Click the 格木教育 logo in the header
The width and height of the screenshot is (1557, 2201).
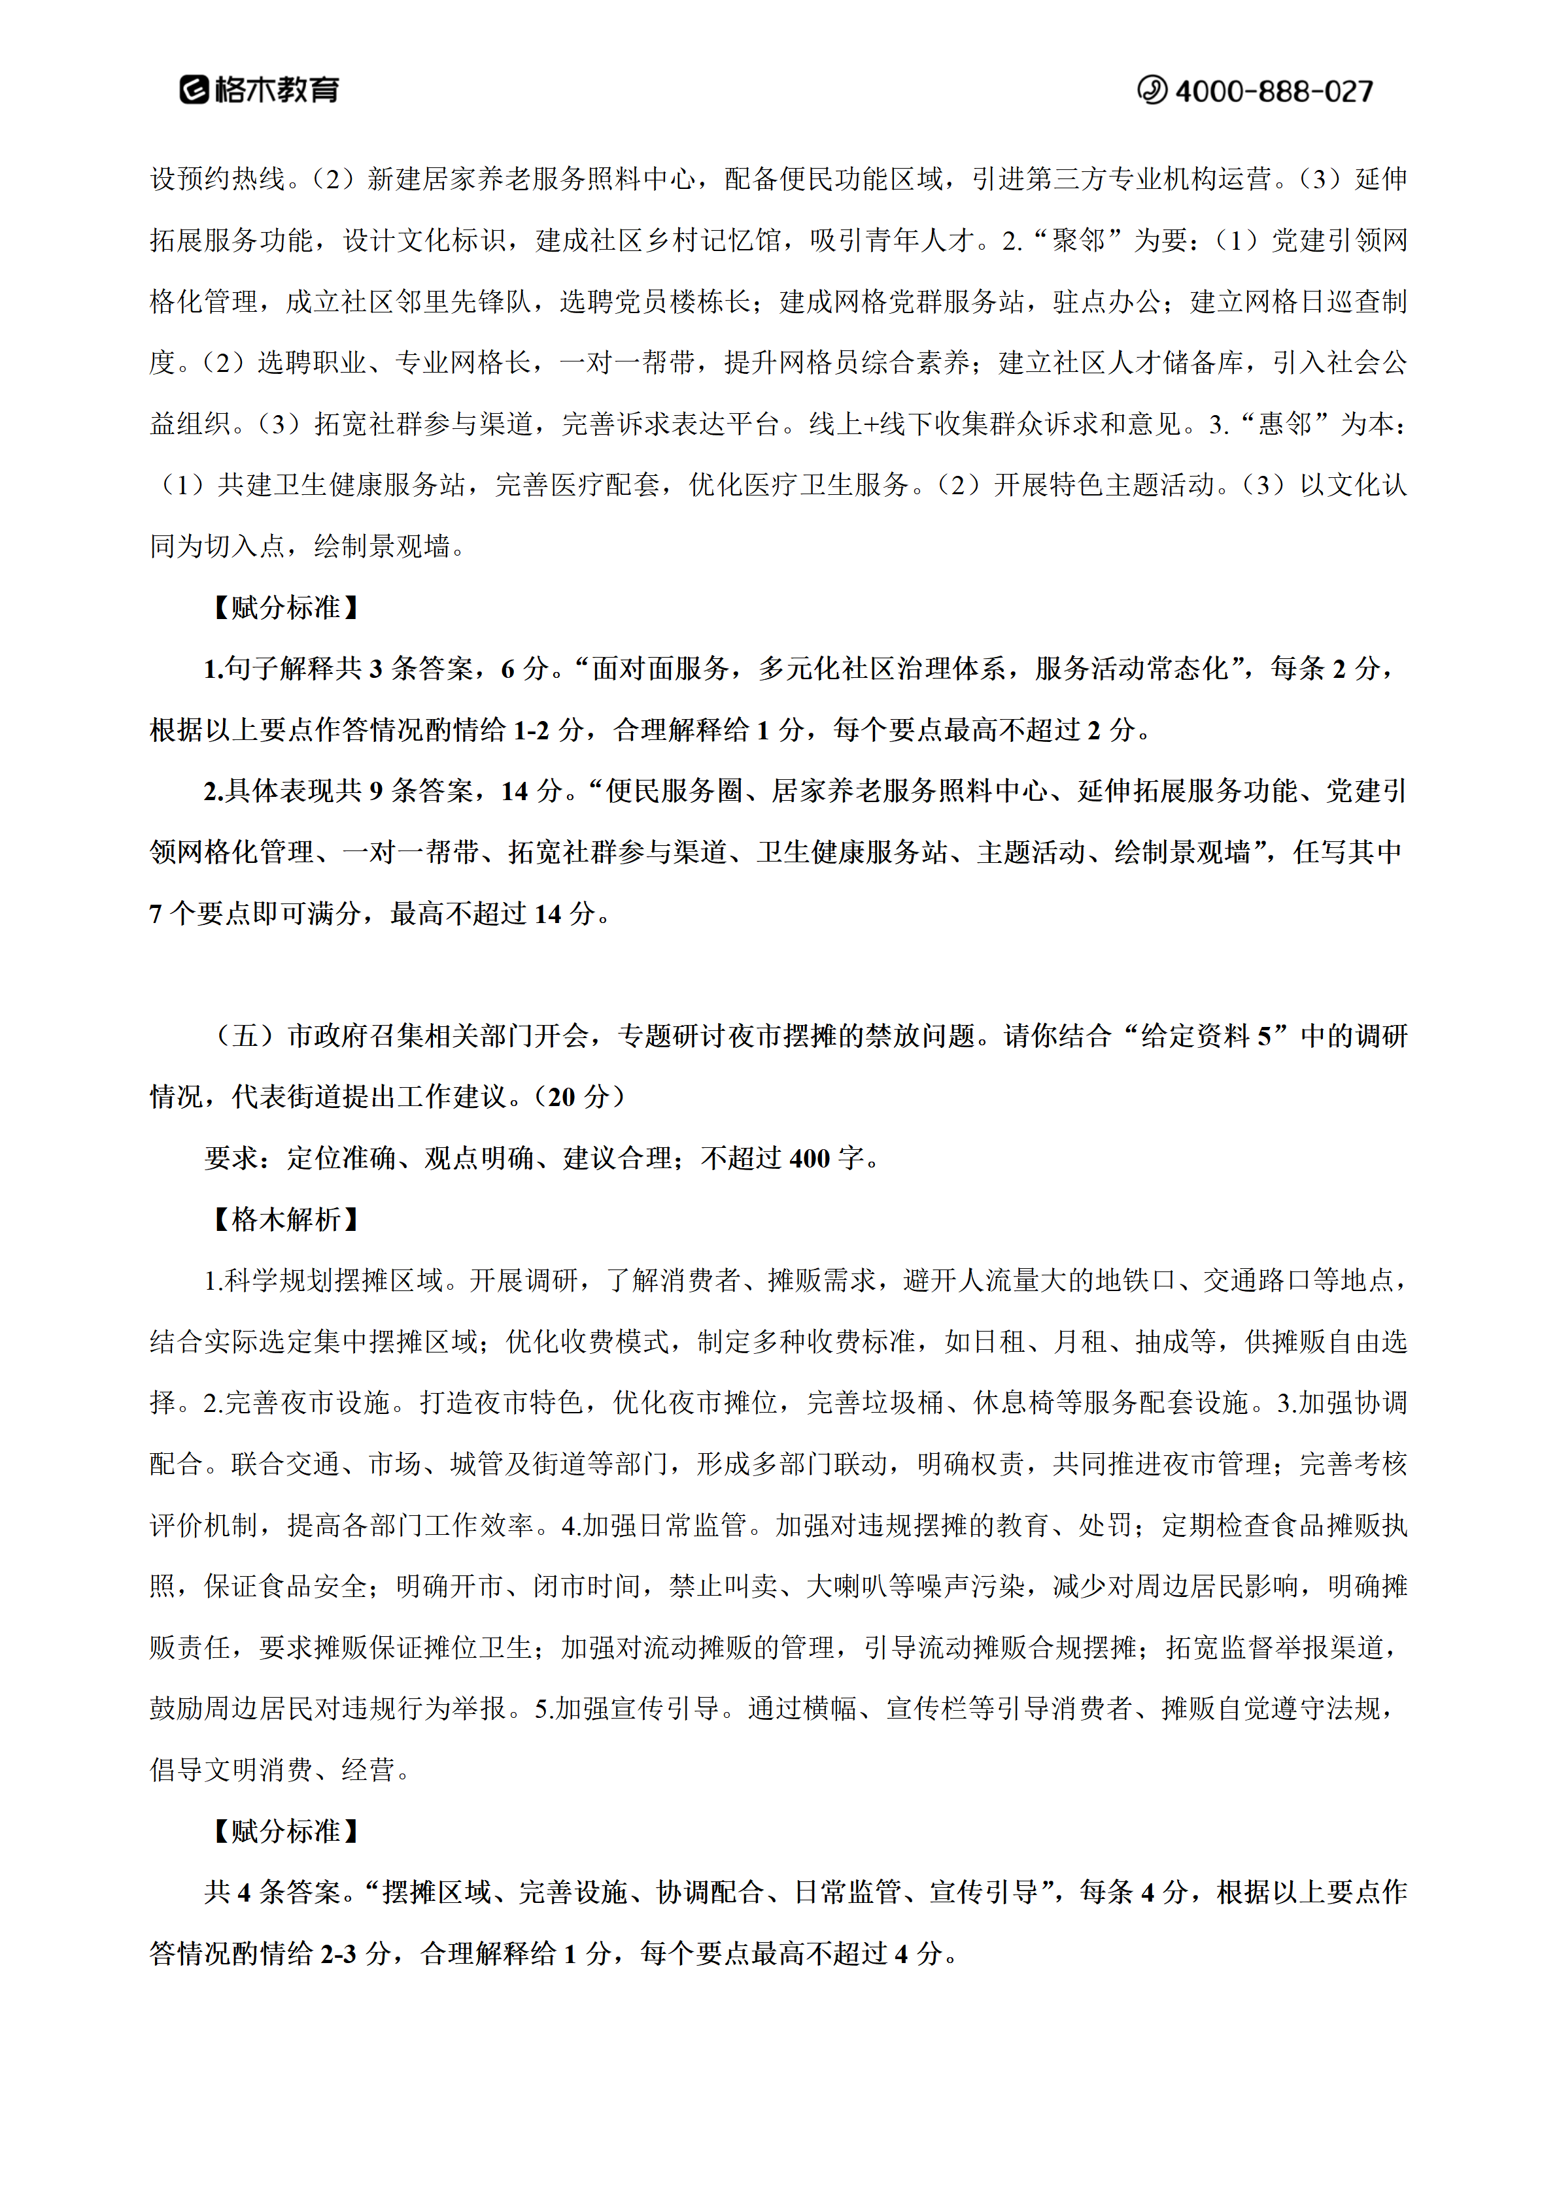coord(259,90)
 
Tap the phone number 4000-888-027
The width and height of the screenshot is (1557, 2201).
coord(1273,91)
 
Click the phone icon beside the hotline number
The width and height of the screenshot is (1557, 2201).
coord(1152,90)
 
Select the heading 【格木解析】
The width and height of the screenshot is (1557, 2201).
coord(286,1219)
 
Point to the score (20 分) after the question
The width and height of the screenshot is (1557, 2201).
coord(586,1097)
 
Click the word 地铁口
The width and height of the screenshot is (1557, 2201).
coord(1135,1281)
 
